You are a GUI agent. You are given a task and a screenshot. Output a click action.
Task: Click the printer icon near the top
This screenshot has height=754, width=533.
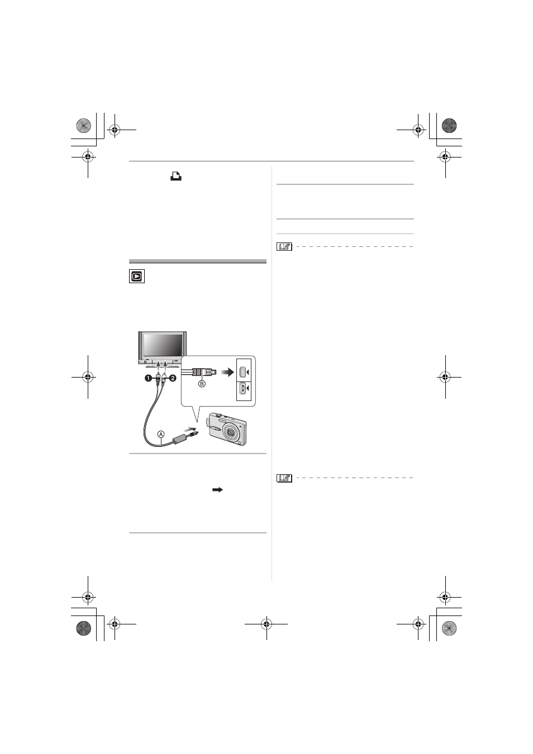click(176, 176)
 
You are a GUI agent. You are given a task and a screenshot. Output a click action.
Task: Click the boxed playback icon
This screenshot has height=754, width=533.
click(137, 276)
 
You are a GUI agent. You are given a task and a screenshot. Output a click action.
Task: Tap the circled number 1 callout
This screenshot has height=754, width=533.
click(148, 379)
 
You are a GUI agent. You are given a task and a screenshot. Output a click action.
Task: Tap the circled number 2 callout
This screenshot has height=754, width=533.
click(173, 379)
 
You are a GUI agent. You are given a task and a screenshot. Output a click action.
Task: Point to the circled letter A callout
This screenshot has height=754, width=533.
click(161, 434)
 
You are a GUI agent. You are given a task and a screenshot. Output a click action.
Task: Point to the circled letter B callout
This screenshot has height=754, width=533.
click(202, 383)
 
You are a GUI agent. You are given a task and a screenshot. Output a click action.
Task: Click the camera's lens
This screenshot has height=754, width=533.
click(231, 431)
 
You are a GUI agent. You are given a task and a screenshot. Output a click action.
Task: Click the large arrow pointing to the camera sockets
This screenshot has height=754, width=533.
click(227, 373)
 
